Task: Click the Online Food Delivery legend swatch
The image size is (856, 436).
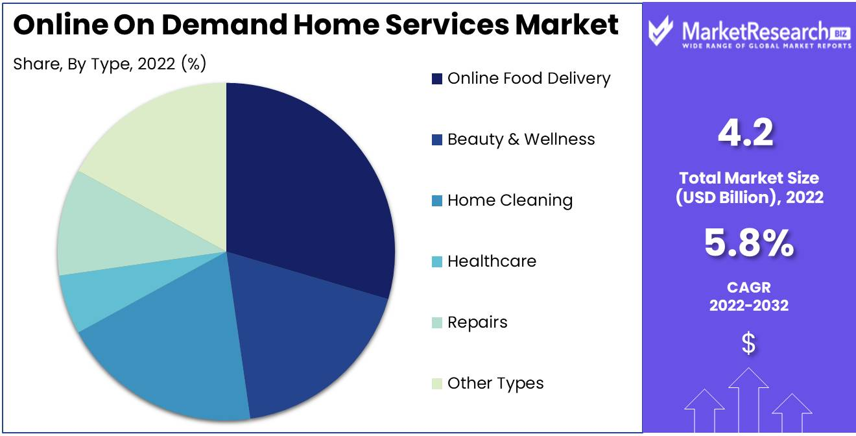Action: pos(437,79)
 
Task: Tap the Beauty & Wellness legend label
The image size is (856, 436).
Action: pos(521,139)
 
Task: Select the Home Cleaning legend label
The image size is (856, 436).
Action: pos(510,200)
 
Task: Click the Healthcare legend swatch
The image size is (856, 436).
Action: pos(437,261)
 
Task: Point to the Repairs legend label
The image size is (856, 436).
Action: pos(478,322)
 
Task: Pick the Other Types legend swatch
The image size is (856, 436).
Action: pos(437,383)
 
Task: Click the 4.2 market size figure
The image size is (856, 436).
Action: pos(746,133)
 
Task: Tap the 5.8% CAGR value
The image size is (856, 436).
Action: pos(749,243)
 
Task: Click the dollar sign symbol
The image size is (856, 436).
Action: pos(748,343)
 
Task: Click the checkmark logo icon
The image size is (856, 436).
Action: pos(660,30)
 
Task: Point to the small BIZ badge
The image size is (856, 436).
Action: pos(840,34)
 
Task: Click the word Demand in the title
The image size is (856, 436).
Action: pos(224,25)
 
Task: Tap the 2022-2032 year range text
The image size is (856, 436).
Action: pos(749,306)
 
